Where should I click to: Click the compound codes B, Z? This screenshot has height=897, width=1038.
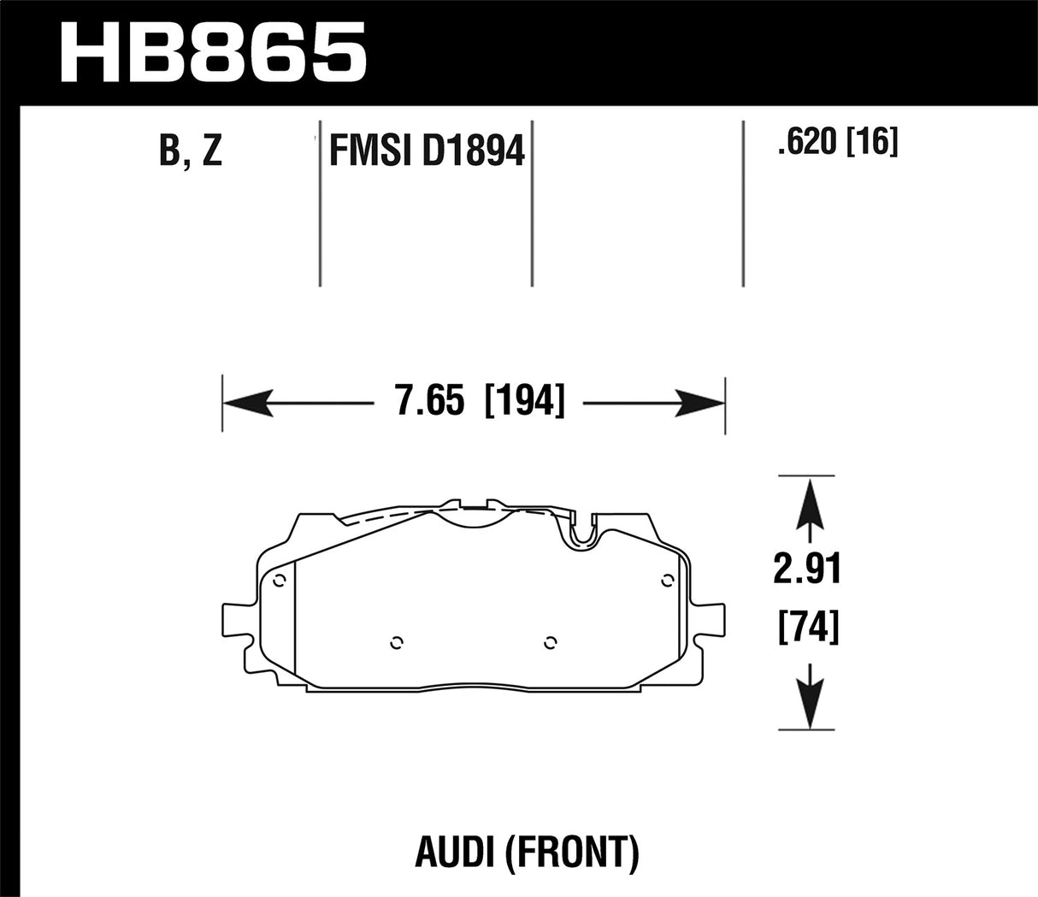click(x=191, y=151)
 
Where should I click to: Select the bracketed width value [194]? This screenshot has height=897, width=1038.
click(x=524, y=400)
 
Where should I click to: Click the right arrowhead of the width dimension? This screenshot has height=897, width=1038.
click(x=701, y=400)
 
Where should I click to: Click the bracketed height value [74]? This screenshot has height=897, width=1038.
click(x=808, y=628)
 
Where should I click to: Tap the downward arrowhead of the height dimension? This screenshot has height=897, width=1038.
click(x=808, y=706)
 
